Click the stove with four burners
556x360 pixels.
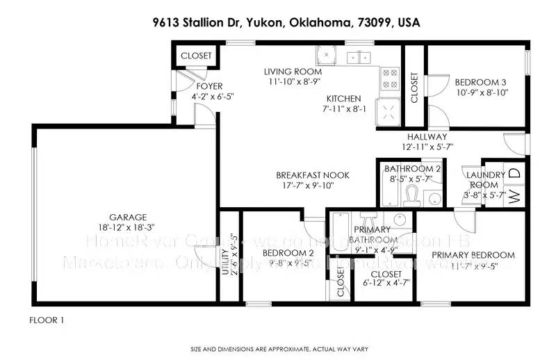tap(390, 78)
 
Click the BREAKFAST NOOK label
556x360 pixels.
tap(312, 175)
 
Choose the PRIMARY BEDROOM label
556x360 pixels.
tap(473, 255)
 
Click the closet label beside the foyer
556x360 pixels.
tap(196, 56)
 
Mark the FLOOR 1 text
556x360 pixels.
tap(47, 320)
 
